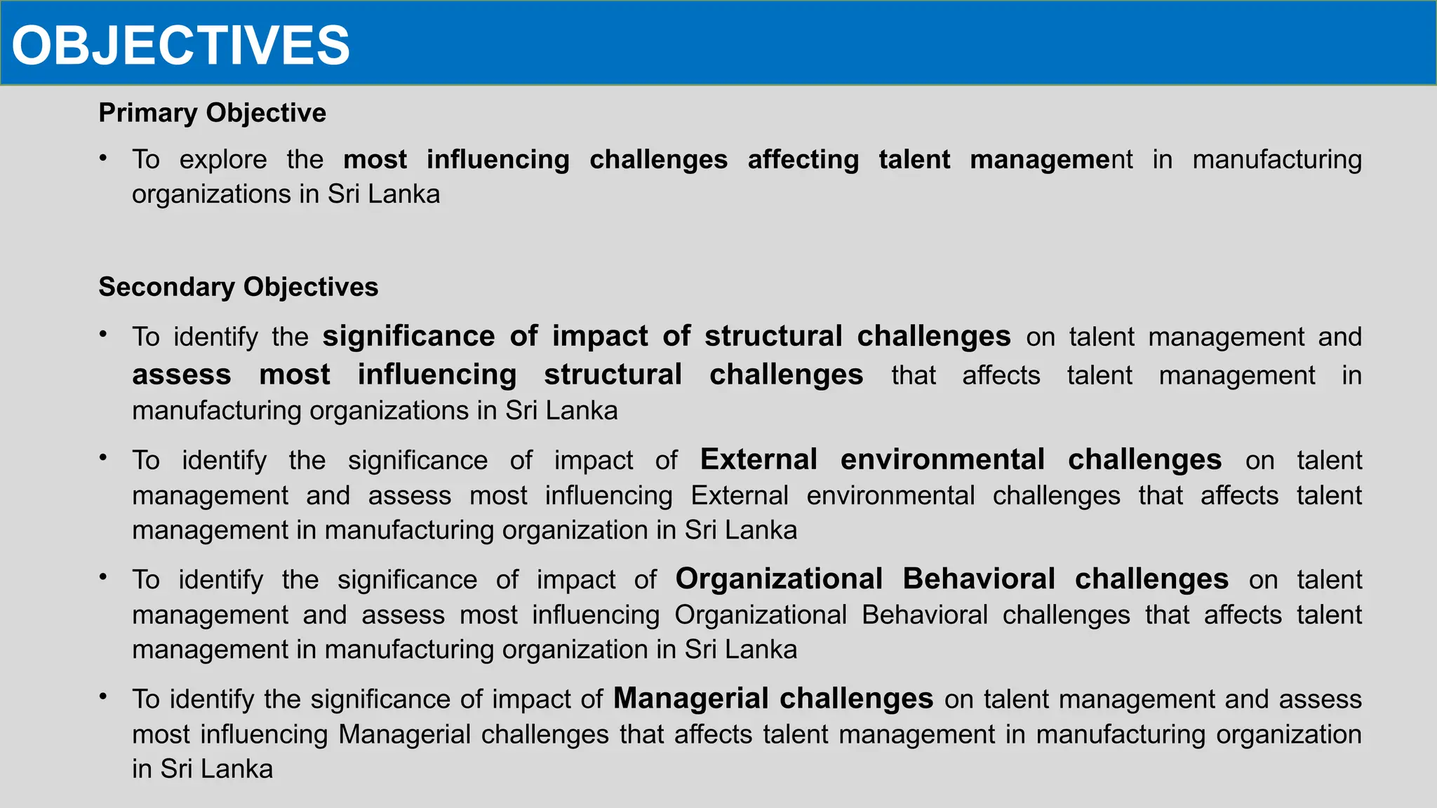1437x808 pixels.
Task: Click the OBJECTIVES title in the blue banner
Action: [x=180, y=46]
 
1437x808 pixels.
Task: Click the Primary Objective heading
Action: [x=212, y=113]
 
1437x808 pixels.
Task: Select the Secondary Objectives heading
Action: [x=238, y=287]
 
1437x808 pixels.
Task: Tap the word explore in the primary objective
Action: [x=223, y=160]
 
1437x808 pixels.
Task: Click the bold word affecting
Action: [x=803, y=160]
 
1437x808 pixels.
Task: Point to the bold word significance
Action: [x=408, y=336]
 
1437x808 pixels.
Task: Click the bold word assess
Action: [x=181, y=375]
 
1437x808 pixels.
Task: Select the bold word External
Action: [x=758, y=459]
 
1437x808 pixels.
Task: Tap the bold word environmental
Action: [x=942, y=459]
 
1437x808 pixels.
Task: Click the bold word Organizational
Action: [x=779, y=579]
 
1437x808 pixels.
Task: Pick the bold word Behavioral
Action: [x=978, y=579]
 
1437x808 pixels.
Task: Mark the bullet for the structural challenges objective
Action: [x=103, y=335]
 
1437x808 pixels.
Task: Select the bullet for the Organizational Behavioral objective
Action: [x=103, y=577]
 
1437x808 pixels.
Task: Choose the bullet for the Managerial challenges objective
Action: [x=103, y=696]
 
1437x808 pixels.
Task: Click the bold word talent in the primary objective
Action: [x=914, y=160]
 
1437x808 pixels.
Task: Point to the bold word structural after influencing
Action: [x=613, y=375]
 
